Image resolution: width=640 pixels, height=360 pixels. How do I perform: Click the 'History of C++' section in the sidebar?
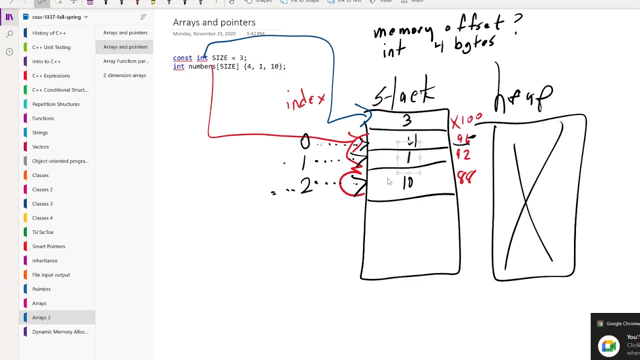pos(49,33)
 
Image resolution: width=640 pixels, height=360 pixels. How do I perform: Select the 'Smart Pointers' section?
pos(48,246)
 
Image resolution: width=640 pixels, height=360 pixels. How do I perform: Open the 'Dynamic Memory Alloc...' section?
pos(60,332)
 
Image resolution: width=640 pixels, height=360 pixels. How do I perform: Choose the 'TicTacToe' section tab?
pos(42,232)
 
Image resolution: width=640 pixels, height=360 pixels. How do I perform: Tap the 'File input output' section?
pos(51,275)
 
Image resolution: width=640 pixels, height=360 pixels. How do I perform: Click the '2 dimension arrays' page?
pos(124,75)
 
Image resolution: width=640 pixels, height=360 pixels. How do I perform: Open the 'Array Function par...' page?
pos(125,61)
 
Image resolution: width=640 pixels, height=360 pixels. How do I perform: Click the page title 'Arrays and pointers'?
pos(214,22)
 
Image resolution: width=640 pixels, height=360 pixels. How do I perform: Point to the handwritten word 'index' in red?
pos(305,99)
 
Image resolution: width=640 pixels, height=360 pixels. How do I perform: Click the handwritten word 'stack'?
pos(404,93)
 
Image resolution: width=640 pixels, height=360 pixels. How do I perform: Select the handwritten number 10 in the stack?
pos(408,182)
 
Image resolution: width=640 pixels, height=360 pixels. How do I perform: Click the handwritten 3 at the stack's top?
pos(407,120)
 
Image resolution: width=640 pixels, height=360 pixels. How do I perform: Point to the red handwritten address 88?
pos(466,177)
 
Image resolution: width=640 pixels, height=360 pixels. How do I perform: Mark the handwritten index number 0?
pos(305,142)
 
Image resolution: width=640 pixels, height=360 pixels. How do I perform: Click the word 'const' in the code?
pos(182,58)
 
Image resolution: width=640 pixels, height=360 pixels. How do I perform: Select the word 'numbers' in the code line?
pos(202,66)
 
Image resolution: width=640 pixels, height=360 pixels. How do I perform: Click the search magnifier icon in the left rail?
pos(9,34)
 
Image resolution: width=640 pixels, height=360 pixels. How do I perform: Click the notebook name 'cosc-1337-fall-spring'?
pos(56,17)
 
